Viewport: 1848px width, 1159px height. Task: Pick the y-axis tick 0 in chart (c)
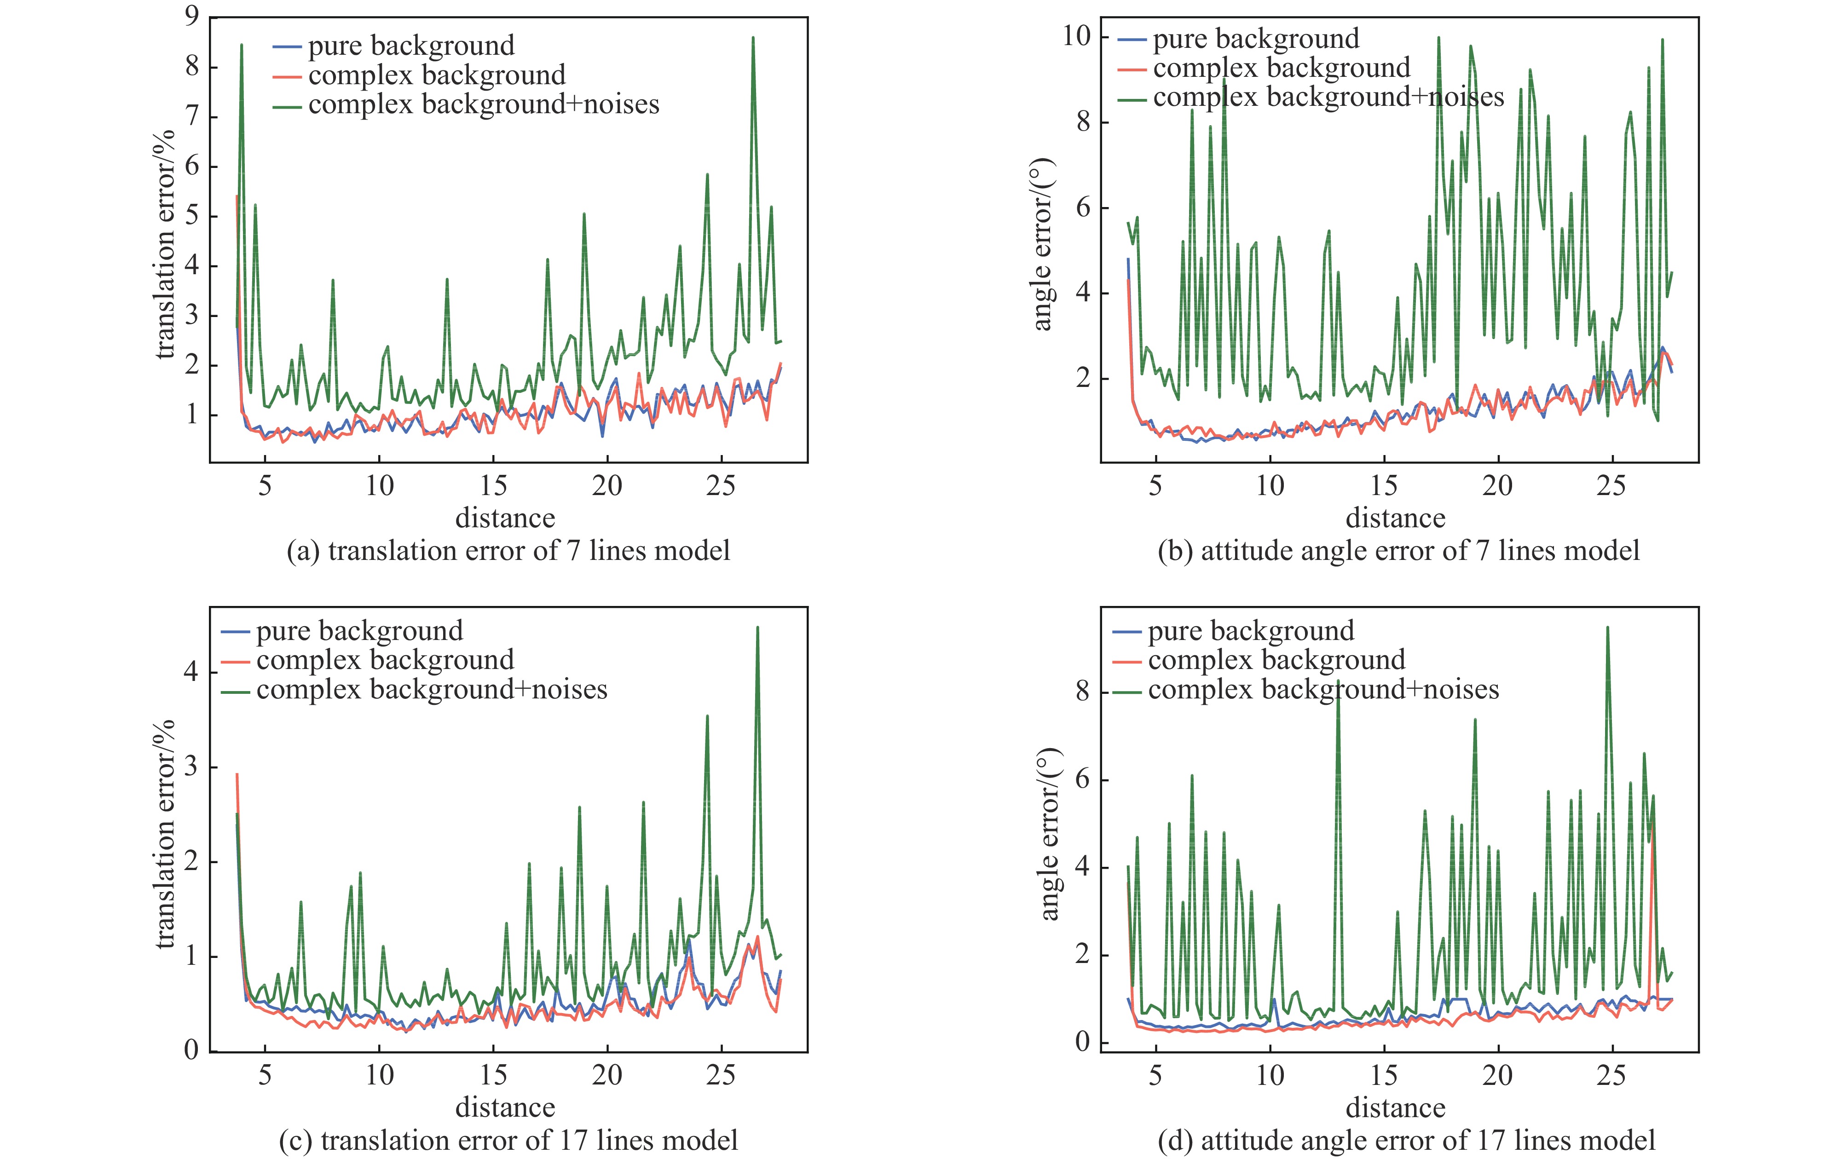(x=191, y=1050)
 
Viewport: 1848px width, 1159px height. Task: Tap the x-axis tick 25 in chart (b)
(x=1611, y=486)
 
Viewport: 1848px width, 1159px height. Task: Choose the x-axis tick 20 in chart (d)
(x=1497, y=1075)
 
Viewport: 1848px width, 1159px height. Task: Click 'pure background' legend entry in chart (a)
(x=411, y=46)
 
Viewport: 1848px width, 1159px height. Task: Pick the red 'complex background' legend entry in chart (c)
(x=385, y=660)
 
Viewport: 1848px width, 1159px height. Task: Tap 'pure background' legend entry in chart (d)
(x=1251, y=631)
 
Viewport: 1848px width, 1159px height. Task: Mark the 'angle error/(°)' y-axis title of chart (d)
(x=1049, y=834)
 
